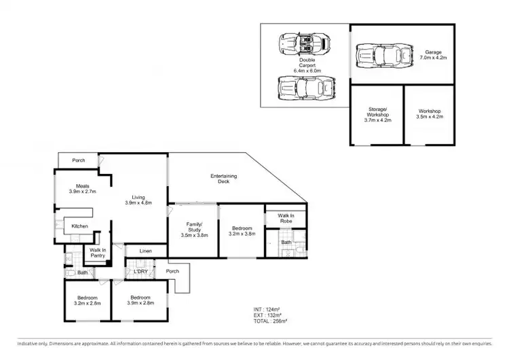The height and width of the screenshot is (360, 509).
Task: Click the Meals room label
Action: (83, 189)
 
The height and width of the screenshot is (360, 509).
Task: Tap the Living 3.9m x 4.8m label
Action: (138, 199)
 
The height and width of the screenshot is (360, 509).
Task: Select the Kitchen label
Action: (80, 226)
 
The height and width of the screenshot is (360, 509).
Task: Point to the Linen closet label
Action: (145, 251)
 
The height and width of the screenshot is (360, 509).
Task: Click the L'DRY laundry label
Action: (141, 272)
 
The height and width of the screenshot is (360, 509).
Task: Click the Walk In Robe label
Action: (285, 218)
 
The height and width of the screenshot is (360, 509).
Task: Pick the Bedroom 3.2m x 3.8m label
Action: (242, 232)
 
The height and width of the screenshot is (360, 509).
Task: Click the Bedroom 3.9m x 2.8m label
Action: (141, 301)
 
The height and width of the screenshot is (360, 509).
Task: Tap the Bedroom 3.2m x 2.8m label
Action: (87, 301)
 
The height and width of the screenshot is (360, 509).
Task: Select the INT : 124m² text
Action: (263, 310)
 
